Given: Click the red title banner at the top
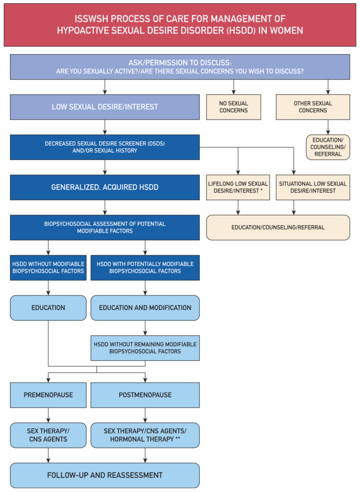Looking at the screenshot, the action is point(180,25).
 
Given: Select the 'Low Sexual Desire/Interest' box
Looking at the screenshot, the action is point(105,107).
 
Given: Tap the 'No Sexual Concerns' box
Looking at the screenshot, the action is point(234,107).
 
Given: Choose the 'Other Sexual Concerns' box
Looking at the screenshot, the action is point(313,107).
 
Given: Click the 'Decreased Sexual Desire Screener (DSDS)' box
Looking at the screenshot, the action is point(105,147).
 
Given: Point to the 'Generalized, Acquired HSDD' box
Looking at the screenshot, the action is point(105,187).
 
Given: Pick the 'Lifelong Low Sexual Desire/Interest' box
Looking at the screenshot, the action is point(238,187).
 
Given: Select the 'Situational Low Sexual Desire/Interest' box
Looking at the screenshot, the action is point(313,187).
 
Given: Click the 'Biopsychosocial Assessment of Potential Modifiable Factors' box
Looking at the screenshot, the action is point(105,227).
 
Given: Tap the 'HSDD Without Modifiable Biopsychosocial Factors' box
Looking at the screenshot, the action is point(48,268).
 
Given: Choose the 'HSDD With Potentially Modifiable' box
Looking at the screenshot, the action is point(145,268).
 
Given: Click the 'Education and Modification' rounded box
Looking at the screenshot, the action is point(145,308).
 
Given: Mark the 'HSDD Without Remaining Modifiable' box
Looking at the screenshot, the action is point(145,348).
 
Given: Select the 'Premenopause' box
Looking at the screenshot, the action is point(48,395).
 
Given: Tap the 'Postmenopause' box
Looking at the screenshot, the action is point(145,395).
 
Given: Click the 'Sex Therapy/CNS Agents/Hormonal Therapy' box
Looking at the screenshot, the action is point(145,435).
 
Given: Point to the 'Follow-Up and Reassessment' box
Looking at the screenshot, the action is point(105,475).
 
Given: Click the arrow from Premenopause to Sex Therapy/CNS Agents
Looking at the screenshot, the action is point(48,415).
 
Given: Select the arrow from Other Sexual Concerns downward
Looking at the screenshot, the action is point(328,127).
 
